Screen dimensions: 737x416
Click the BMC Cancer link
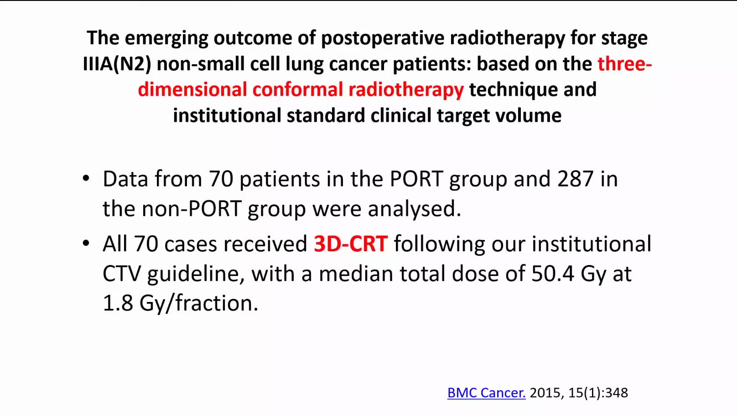[486, 393]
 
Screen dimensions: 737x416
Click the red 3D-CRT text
[351, 244]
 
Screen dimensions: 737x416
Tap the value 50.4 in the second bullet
[553, 274]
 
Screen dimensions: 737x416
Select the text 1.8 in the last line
[118, 303]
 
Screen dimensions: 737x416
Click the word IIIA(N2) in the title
[117, 63]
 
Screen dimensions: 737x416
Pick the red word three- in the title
[625, 63]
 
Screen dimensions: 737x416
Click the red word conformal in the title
[298, 89]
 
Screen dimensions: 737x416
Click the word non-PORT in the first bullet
[192, 209]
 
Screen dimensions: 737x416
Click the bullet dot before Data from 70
[86, 178]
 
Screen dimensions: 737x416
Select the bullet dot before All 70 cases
[86, 243]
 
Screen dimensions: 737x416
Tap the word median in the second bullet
[356, 274]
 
